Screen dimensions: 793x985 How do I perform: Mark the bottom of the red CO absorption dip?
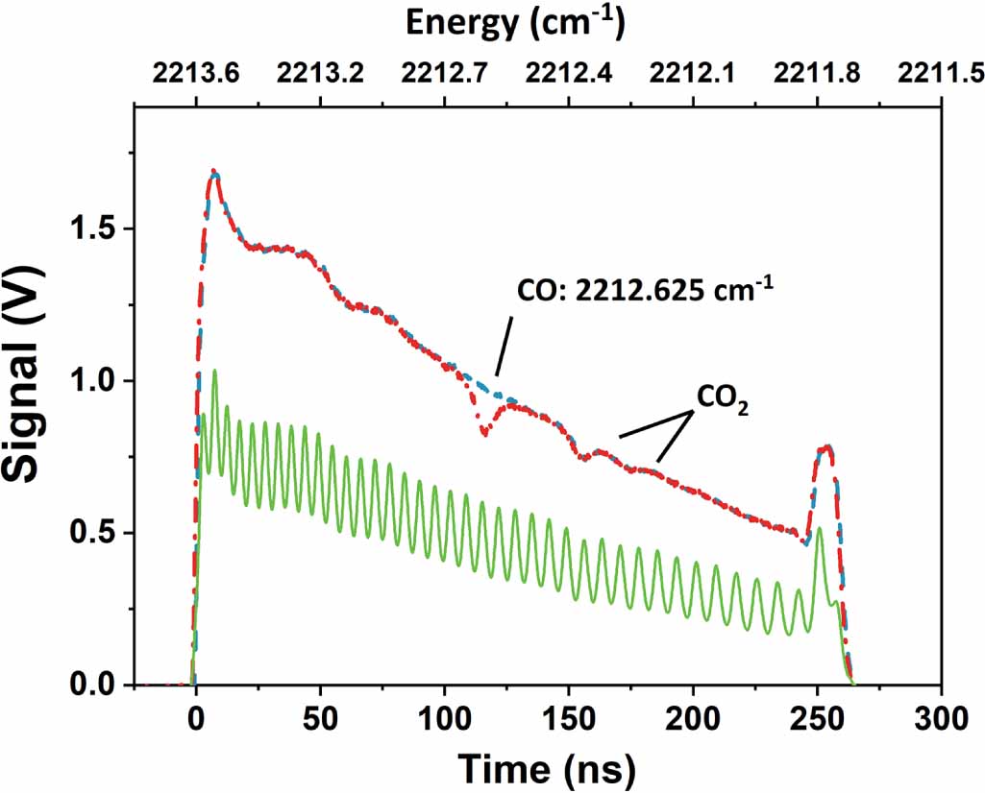(x=484, y=434)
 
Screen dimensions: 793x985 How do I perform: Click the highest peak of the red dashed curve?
(x=215, y=174)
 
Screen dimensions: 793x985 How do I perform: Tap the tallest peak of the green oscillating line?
(x=214, y=371)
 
